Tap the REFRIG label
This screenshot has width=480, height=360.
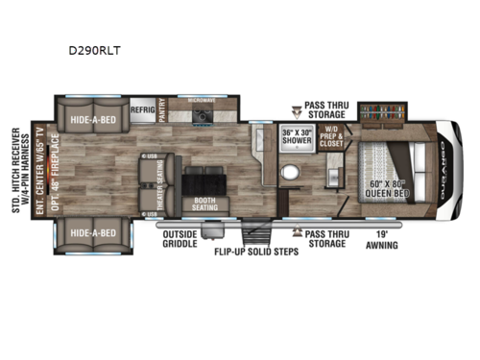[x=143, y=110]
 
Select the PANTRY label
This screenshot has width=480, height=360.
[x=163, y=109]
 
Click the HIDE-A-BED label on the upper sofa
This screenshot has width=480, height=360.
[x=94, y=121]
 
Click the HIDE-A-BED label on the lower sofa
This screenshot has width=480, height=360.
[x=93, y=232]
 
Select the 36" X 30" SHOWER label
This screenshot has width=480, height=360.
[x=298, y=135]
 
